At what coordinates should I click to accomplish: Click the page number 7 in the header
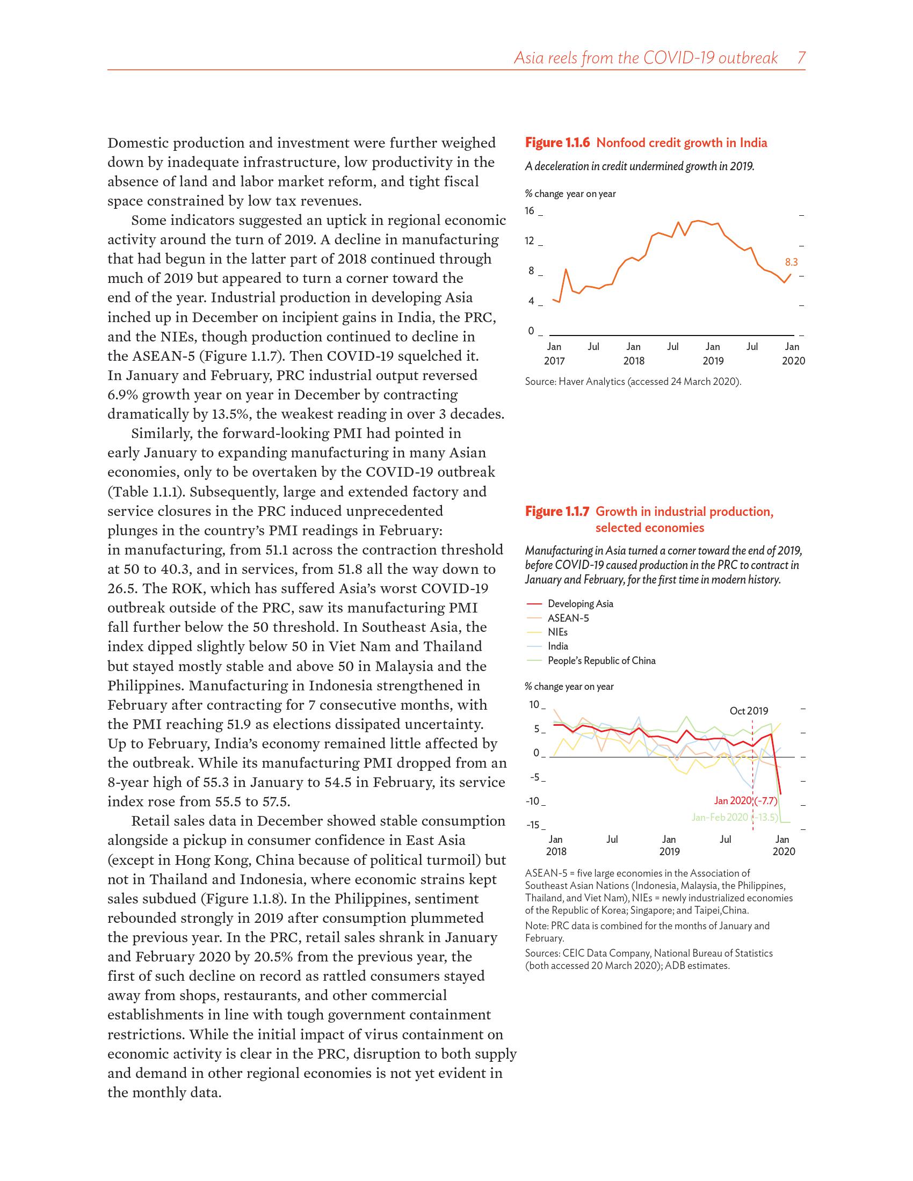click(x=802, y=58)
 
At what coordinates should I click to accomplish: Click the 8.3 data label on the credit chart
click(x=791, y=263)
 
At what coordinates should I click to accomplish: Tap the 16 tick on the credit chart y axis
click(x=530, y=211)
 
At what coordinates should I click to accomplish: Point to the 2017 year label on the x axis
click(x=554, y=361)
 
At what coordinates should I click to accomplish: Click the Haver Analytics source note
click(x=633, y=382)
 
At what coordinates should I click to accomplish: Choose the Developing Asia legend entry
click(x=581, y=603)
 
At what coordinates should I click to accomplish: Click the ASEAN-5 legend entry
click(x=568, y=617)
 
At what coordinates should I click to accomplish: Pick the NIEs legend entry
click(x=557, y=632)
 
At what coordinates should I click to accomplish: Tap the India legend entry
click(x=557, y=646)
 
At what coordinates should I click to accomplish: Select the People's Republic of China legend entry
click(x=602, y=660)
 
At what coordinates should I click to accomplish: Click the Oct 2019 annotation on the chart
click(x=749, y=711)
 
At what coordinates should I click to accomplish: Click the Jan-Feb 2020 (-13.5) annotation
click(x=734, y=817)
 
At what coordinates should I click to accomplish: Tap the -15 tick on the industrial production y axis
click(x=533, y=825)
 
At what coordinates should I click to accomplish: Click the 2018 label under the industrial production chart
click(x=556, y=852)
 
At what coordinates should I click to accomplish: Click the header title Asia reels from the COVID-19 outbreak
click(x=645, y=58)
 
